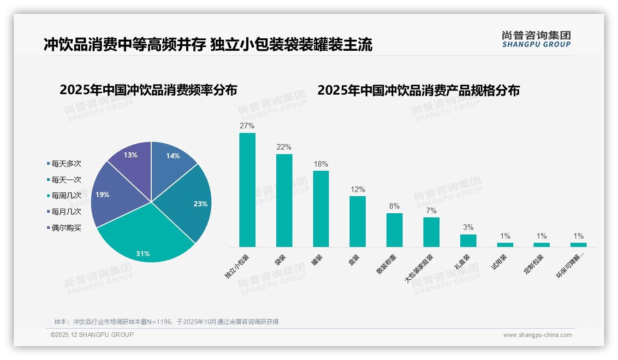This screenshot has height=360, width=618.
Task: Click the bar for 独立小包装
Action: pos(247,190)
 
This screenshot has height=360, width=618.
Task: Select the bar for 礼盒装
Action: pos(468,240)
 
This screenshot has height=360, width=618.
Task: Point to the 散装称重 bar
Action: pos(394,230)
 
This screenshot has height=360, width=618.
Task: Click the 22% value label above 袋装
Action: pos(284,147)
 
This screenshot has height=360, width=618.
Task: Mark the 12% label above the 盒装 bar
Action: pos(357,190)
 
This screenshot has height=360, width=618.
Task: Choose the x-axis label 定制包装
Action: pos(534,264)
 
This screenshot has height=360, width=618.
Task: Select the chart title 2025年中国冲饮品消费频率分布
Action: pos(148,90)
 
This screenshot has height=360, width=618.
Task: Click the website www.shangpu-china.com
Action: pos(537,335)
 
